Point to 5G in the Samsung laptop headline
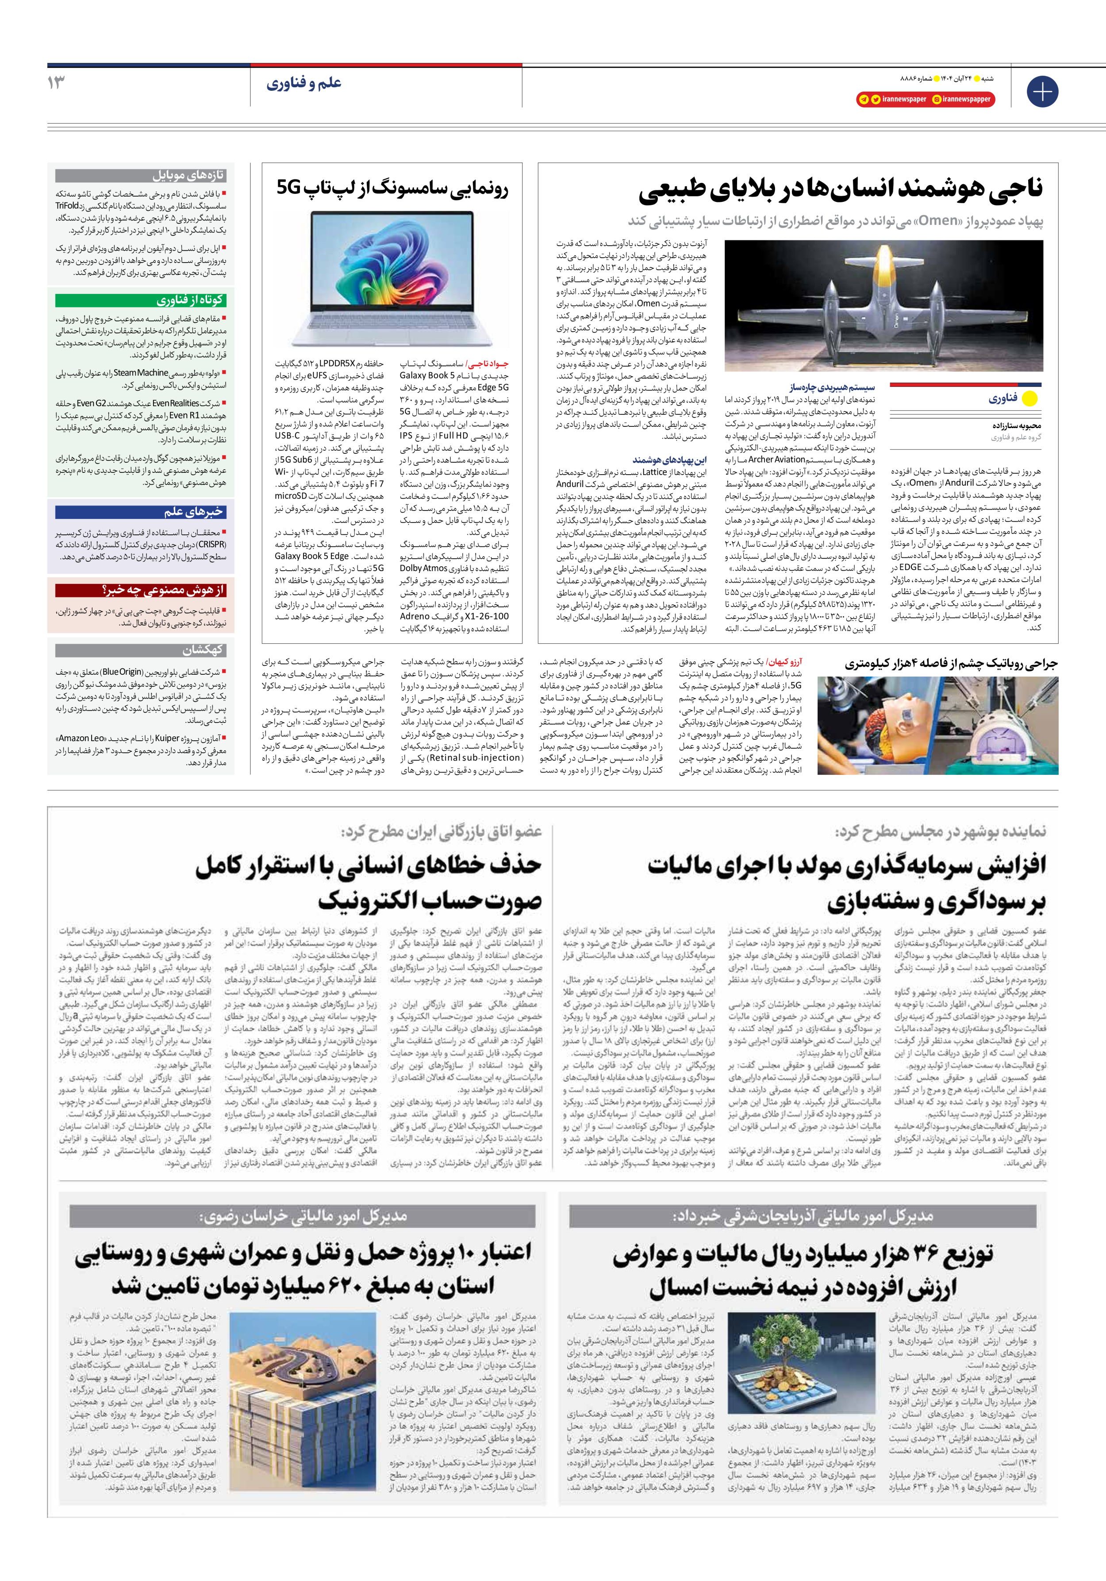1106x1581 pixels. point(290,187)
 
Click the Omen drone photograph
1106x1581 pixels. point(884,306)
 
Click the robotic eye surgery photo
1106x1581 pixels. point(937,725)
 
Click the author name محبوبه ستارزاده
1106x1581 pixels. point(1017,425)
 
